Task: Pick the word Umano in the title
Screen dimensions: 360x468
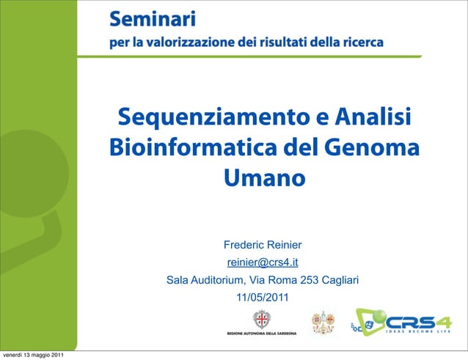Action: tap(263, 177)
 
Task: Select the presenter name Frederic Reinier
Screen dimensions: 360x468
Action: tap(263, 245)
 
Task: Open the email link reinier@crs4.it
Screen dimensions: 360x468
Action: tap(263, 262)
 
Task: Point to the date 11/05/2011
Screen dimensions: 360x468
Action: tap(262, 298)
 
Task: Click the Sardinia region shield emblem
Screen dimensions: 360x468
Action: tap(260, 319)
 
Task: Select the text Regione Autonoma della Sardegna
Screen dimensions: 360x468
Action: tap(261, 334)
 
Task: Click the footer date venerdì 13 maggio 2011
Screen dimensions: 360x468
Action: tap(32, 356)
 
